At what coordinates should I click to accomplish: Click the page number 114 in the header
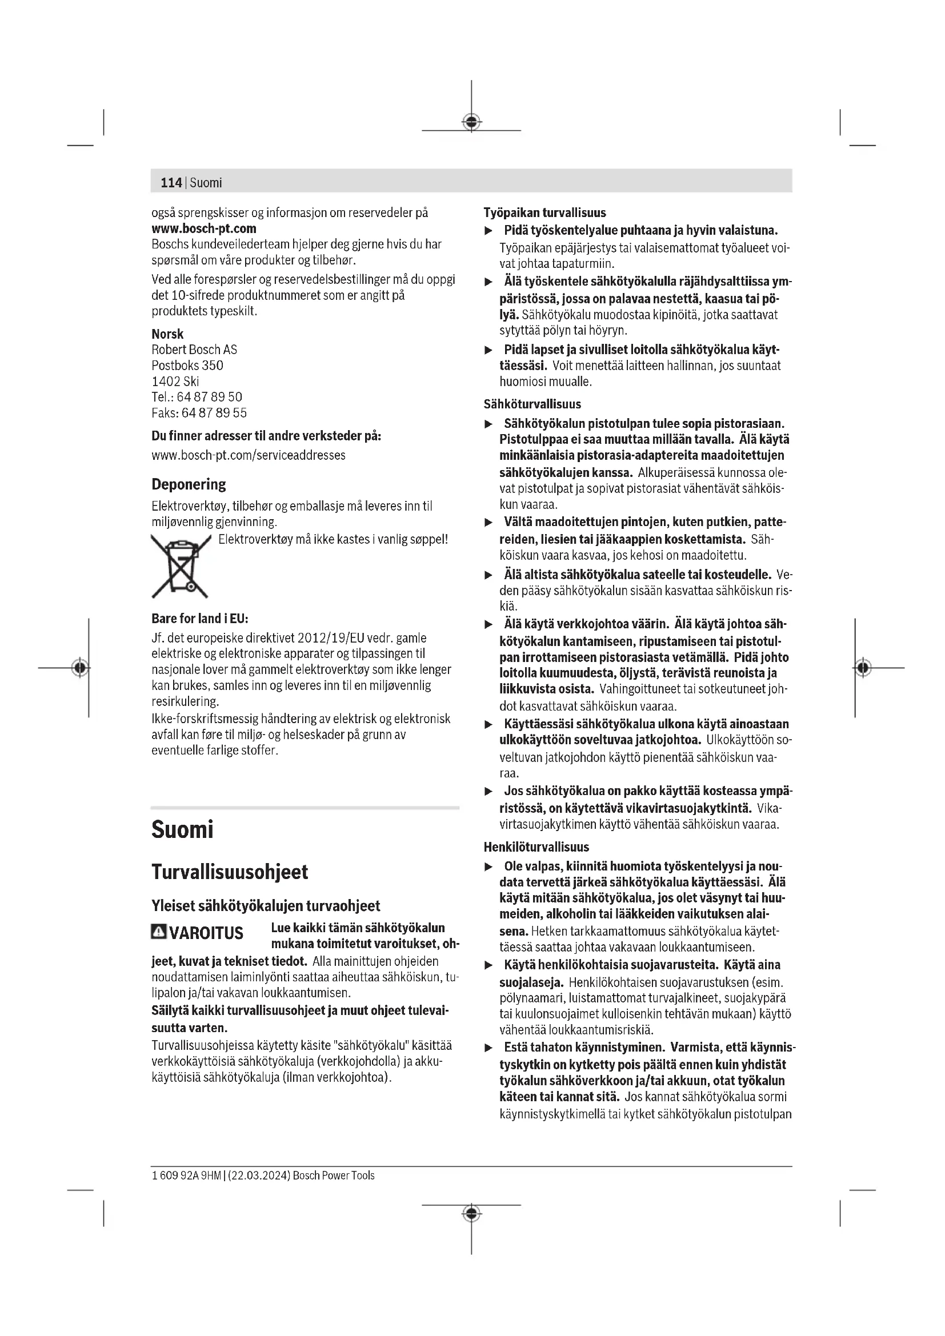171,183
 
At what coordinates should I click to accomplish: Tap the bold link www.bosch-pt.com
203,228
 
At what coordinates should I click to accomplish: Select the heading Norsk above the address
167,334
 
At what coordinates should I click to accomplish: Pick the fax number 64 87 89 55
214,413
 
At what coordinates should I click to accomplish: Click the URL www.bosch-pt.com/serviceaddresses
249,455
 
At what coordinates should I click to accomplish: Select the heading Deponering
189,484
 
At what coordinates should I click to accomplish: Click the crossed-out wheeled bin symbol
181,566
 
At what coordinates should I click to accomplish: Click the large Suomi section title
182,829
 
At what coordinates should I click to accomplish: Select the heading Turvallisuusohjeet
229,872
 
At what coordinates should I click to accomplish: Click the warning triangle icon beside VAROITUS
158,932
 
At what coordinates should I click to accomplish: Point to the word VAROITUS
206,933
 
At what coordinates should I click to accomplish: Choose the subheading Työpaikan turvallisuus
544,213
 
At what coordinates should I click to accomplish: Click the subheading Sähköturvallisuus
532,404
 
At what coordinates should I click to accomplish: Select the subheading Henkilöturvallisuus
536,847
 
